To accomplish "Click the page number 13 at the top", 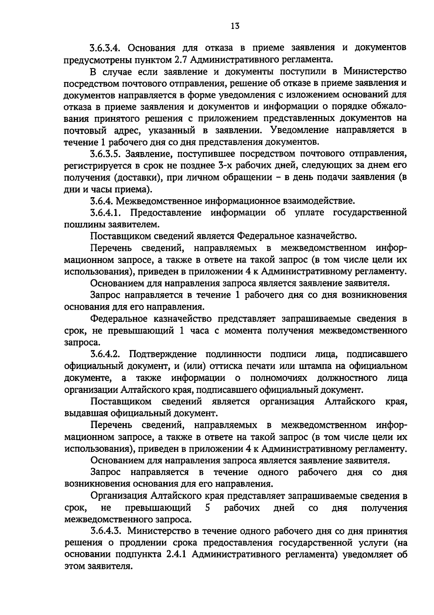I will click(235, 26).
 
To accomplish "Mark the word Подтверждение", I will click(163, 353).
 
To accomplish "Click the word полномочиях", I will click(278, 378).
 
